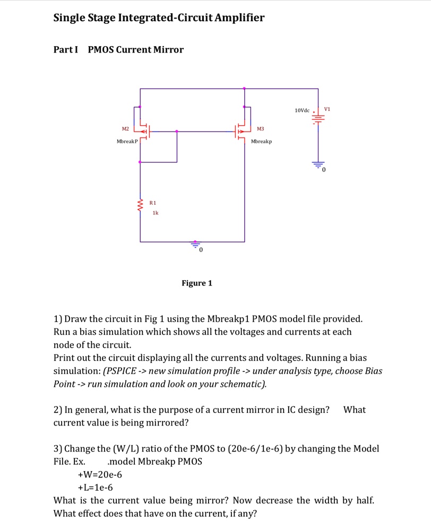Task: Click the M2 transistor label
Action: click(125, 129)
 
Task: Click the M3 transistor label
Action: click(260, 129)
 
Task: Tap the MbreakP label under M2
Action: click(127, 142)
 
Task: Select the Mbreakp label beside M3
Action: click(261, 142)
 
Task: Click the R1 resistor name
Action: click(153, 203)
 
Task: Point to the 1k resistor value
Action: click(155, 213)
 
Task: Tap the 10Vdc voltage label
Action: click(302, 110)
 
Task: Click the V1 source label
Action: click(327, 109)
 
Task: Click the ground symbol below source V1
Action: click(318, 166)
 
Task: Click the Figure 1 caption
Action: click(196, 283)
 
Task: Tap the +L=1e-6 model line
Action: click(96, 488)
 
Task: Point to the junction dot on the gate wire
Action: click(177, 131)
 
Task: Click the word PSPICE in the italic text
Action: click(124, 371)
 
